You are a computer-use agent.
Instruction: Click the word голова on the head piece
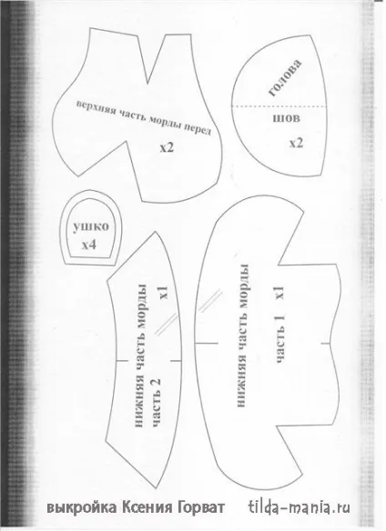pos(285,78)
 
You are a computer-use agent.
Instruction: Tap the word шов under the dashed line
pos(287,118)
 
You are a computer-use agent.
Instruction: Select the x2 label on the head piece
pos(296,144)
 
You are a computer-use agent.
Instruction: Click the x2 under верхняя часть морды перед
pos(167,147)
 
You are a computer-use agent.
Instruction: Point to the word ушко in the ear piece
pos(91,226)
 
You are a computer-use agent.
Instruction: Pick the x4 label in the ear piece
pos(88,245)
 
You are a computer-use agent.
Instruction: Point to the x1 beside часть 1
pos(279,293)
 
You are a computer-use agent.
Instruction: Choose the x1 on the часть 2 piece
pos(164,293)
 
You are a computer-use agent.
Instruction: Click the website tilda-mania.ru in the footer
pos(300,507)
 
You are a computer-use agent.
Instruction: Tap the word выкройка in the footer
pos(81,507)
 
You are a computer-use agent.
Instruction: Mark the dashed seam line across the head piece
pos(279,106)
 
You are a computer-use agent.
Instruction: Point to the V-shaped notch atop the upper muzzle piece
pos(147,83)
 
